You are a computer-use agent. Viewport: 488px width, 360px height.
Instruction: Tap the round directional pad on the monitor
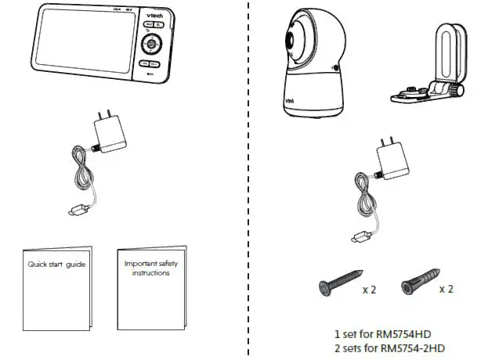coord(150,44)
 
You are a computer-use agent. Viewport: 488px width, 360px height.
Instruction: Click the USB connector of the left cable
coord(75,211)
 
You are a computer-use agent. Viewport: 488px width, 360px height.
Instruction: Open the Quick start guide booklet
coord(54,290)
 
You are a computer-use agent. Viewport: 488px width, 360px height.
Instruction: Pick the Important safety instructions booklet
coord(150,290)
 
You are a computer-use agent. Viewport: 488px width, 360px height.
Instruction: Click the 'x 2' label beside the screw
coord(369,289)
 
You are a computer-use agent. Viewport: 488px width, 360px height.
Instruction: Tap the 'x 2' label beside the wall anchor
coord(446,289)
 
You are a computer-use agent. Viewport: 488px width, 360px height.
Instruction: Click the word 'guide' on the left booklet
coord(75,264)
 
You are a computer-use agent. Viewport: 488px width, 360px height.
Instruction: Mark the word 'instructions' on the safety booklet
coord(150,273)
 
